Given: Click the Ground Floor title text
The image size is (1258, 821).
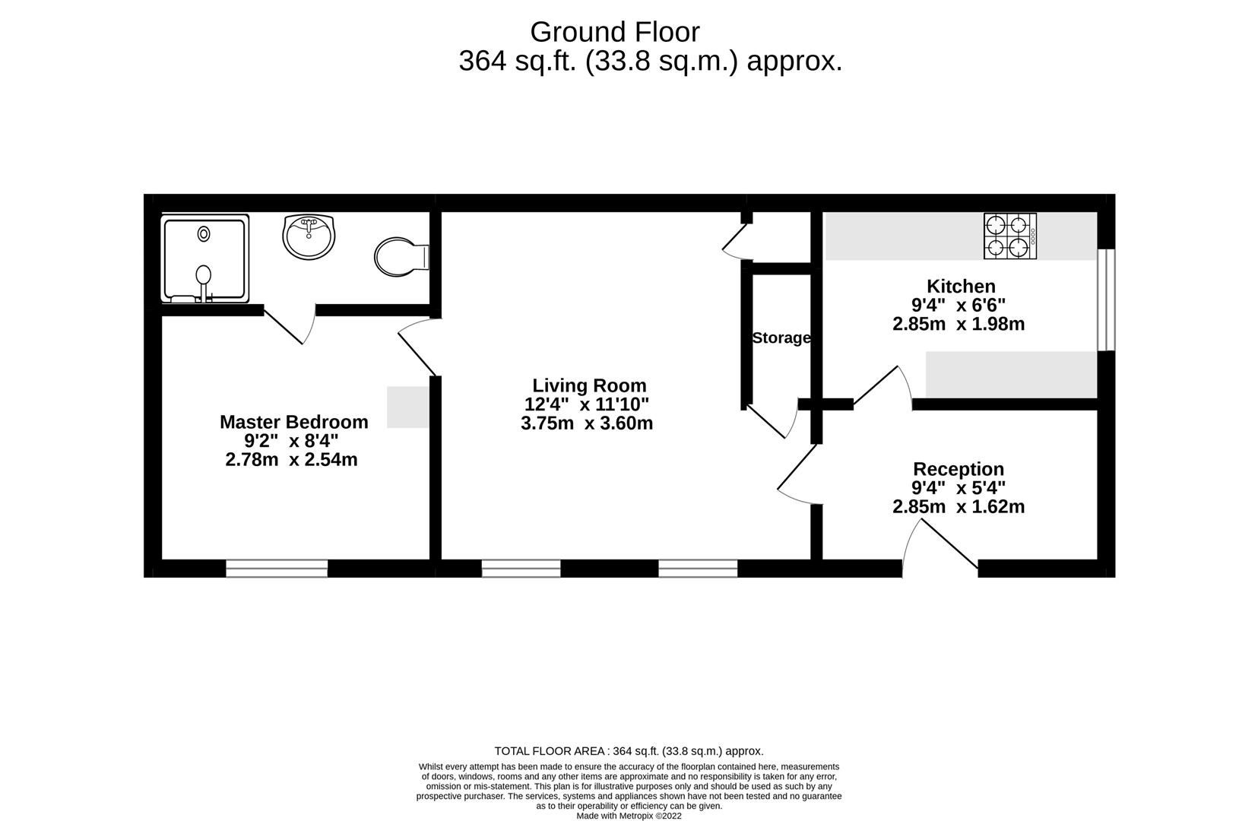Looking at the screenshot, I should point(614,32).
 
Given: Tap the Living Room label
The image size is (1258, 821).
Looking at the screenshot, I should point(589,385).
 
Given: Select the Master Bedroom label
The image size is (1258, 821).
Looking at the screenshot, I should point(293,422).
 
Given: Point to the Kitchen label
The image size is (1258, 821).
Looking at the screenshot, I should point(960,287).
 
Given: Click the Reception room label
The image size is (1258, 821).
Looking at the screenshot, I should point(958,469).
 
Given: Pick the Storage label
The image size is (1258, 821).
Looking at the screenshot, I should point(781,338).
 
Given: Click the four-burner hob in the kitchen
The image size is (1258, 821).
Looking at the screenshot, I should point(1009,236).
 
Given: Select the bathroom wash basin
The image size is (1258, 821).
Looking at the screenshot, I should point(309,235).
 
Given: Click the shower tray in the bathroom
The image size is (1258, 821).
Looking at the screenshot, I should point(204,258).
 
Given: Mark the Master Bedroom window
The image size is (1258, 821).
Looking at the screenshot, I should point(277,568).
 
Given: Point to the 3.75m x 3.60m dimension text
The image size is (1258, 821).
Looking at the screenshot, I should point(586,423).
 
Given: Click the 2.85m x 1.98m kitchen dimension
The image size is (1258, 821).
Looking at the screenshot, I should point(958,325).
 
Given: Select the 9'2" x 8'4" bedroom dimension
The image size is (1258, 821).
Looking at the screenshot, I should point(291,441).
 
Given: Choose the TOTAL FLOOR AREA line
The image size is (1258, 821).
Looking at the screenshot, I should point(629,751).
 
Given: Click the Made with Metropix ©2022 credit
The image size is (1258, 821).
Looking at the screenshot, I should point(629,816).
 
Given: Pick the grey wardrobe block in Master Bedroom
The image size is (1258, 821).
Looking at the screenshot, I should point(408,407).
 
